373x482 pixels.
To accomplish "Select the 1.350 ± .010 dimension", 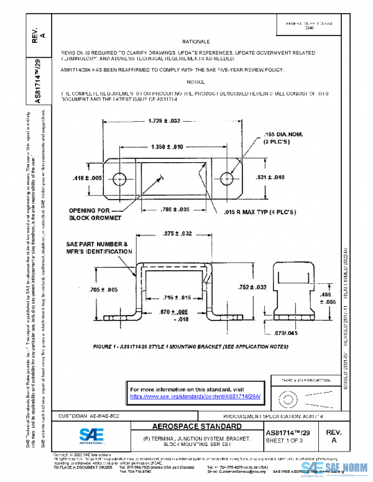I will [166, 147].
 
